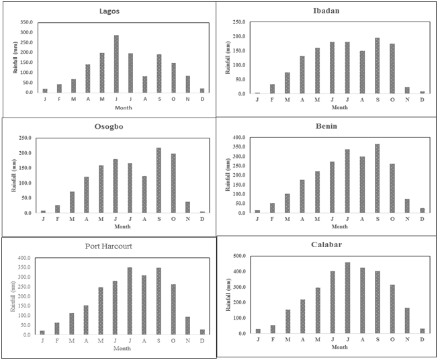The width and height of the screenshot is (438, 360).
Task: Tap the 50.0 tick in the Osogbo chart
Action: click(25, 198)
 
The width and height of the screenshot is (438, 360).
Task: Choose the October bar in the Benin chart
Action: click(392, 188)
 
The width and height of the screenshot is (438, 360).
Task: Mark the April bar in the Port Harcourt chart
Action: click(86, 320)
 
